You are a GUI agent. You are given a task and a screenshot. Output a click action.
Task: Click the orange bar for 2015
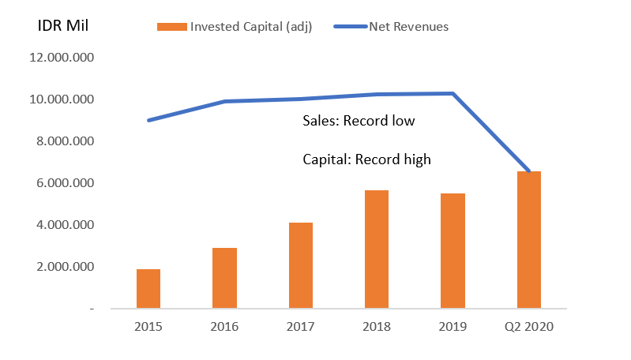pos(148,289)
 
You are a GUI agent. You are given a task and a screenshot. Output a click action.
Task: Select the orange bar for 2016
pos(224,278)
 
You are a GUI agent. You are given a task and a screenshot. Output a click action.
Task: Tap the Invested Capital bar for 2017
pos(301,265)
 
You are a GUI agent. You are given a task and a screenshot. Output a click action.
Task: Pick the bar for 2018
pos(377,249)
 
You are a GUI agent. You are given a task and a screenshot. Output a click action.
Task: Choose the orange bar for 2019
pos(453,251)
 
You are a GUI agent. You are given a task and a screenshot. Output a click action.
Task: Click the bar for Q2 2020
pos(528,240)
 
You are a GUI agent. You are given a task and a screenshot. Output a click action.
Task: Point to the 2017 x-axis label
pos(301,326)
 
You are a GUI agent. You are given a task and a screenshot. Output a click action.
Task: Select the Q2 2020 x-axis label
pos(528,326)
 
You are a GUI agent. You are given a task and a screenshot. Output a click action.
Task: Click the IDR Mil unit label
pos(64,24)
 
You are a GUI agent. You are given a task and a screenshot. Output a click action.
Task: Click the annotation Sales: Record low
pos(359,122)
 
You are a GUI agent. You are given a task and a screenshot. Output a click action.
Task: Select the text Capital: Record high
pos(366,159)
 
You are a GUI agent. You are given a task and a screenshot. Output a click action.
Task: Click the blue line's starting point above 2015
pos(148,120)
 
